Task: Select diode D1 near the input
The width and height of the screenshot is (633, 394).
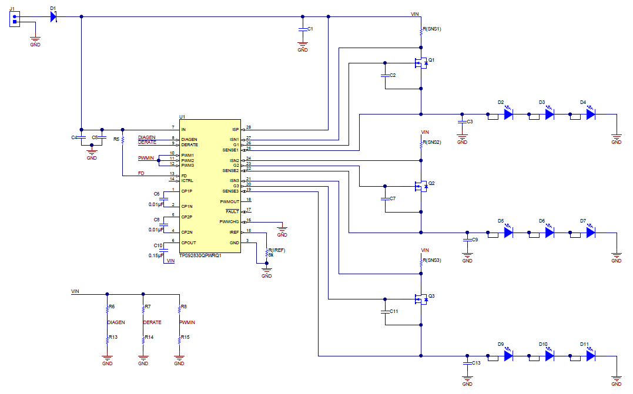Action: coord(53,16)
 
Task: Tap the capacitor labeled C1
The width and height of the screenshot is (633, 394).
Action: coord(303,29)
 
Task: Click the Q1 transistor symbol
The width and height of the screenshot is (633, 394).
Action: coord(421,63)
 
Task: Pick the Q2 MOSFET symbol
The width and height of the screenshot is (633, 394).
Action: coord(421,187)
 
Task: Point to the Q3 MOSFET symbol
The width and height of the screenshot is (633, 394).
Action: coord(421,299)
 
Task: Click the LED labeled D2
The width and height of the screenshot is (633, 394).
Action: coord(508,114)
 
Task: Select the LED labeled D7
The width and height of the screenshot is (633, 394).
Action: coord(591,233)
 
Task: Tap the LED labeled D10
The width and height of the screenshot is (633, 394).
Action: coord(550,355)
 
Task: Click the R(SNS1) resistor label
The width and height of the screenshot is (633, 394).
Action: coord(432,29)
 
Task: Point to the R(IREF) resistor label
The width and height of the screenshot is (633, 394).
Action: coord(276,250)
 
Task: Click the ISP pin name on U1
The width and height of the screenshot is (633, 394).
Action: coord(234,129)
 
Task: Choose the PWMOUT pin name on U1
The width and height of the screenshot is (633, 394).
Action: coord(229,201)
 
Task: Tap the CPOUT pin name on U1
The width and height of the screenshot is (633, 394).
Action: coord(189,243)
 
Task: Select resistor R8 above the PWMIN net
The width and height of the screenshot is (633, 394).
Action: coord(179,309)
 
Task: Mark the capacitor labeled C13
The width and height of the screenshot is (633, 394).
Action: coord(467,363)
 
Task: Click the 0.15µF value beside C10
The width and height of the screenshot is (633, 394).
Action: coord(156,255)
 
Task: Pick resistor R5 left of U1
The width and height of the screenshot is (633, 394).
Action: coord(122,140)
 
